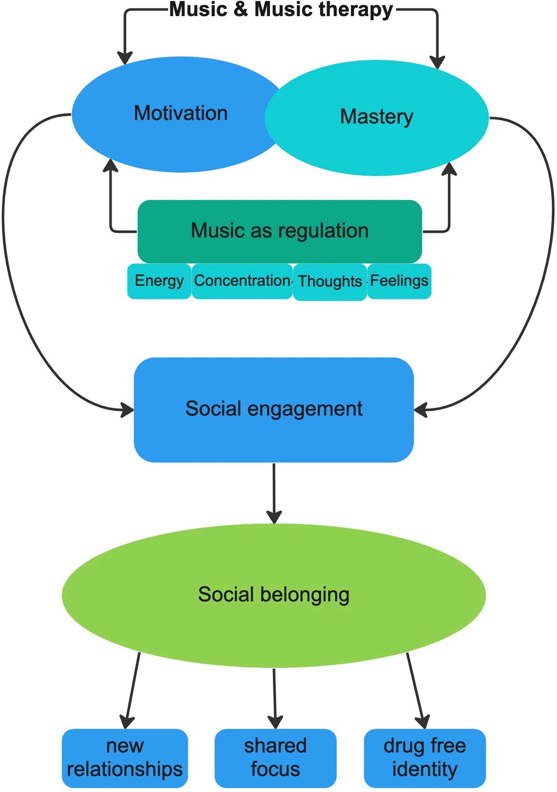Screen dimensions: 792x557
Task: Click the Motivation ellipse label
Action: (181, 114)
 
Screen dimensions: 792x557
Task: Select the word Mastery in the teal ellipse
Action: (376, 117)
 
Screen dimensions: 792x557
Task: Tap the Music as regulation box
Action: (279, 231)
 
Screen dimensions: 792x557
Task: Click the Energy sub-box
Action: (159, 281)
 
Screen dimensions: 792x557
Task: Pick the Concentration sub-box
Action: (242, 281)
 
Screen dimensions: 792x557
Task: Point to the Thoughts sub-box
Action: (330, 282)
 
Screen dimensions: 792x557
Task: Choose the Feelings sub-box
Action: (399, 281)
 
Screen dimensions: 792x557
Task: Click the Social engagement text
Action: (274, 409)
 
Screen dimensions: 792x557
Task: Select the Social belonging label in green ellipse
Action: (274, 594)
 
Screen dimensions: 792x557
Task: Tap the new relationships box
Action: (125, 757)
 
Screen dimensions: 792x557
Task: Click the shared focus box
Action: (275, 757)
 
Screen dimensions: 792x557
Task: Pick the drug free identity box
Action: (424, 757)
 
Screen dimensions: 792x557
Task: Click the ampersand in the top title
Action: (241, 9)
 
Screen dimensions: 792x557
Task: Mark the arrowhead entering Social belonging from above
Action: (274, 517)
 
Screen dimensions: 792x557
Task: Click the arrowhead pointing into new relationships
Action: (126, 722)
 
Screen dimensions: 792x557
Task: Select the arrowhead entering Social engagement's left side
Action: (127, 409)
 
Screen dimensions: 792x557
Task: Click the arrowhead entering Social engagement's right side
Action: (421, 409)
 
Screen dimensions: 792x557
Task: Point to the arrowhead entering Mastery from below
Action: (449, 169)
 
